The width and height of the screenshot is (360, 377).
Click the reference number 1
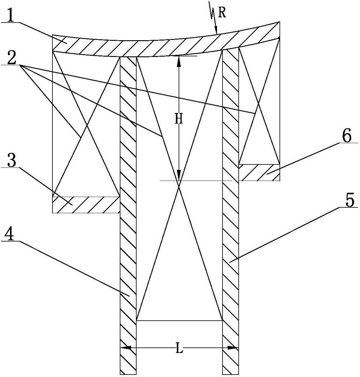click(10, 16)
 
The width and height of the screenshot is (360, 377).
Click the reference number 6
click(347, 136)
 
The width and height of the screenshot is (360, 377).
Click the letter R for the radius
click(222, 13)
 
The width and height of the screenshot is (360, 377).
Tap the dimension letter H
click(179, 119)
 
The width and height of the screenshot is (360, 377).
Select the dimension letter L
click(179, 348)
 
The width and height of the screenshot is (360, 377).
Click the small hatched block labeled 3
click(86, 204)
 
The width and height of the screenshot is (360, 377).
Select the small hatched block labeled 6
click(259, 173)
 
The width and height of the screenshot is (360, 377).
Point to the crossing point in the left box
click(86, 125)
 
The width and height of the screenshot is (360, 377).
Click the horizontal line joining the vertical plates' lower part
click(179, 320)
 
